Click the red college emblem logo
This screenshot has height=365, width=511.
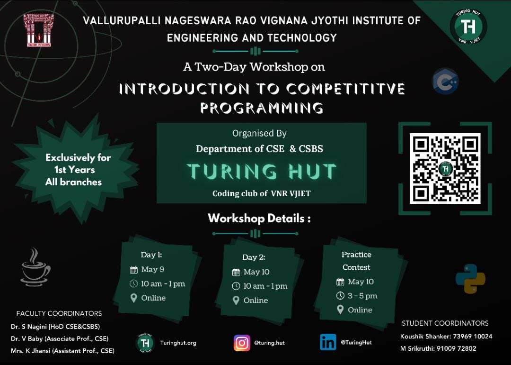(39, 30)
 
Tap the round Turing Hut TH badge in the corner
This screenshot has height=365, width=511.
(468, 27)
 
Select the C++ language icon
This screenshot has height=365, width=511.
(445, 81)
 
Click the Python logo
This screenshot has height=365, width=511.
(470, 278)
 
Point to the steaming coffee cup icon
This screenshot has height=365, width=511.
(35, 267)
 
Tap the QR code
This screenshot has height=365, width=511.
(445, 168)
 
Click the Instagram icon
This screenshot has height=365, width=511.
(242, 343)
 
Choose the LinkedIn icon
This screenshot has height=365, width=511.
(328, 342)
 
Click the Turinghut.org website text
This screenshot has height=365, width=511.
(178, 343)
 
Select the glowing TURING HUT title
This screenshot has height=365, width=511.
(261, 171)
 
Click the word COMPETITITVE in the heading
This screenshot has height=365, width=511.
(345, 89)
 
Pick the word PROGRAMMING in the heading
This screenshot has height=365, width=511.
(262, 108)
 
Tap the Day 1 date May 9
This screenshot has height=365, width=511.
(152, 269)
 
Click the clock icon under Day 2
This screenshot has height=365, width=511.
(236, 286)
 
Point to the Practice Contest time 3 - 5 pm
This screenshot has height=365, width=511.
(362, 296)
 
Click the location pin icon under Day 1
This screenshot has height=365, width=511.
(133, 298)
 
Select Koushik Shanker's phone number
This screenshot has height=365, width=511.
(473, 336)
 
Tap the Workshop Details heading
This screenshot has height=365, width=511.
(259, 218)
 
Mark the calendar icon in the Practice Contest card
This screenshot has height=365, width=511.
(340, 282)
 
